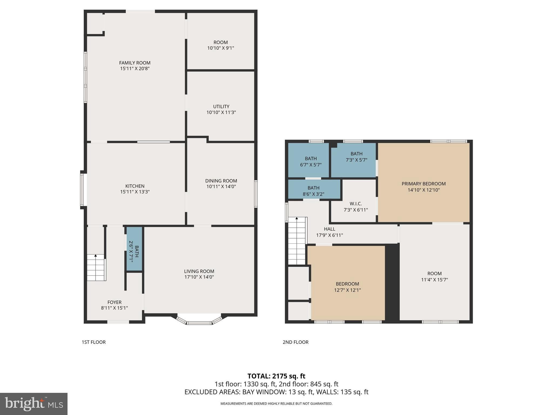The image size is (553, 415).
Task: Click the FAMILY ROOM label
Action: (135, 63)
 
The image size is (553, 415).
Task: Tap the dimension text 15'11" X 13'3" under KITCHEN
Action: (135, 192)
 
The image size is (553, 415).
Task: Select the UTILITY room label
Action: (221, 106)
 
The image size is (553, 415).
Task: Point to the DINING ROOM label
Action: (221, 181)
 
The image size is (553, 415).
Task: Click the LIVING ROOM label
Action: (199, 271)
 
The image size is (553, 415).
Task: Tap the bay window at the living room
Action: (199, 322)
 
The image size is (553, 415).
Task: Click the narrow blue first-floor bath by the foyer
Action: (134, 249)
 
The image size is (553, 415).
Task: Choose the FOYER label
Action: (114, 302)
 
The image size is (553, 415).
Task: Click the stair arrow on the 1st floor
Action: (96, 256)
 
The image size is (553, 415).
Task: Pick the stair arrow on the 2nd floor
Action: (297, 218)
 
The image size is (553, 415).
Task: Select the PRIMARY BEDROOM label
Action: (423, 184)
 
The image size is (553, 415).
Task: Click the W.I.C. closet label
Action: (356, 204)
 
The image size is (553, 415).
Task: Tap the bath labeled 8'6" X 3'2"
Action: (313, 191)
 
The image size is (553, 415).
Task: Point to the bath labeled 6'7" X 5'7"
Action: (311, 162)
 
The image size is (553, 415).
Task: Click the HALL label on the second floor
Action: (329, 229)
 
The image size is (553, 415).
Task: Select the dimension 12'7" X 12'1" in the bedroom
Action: (347, 290)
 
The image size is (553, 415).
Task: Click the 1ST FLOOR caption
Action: (94, 342)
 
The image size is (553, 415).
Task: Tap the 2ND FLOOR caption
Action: (295, 342)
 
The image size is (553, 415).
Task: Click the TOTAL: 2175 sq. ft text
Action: (276, 376)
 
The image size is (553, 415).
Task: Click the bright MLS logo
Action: (34, 404)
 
